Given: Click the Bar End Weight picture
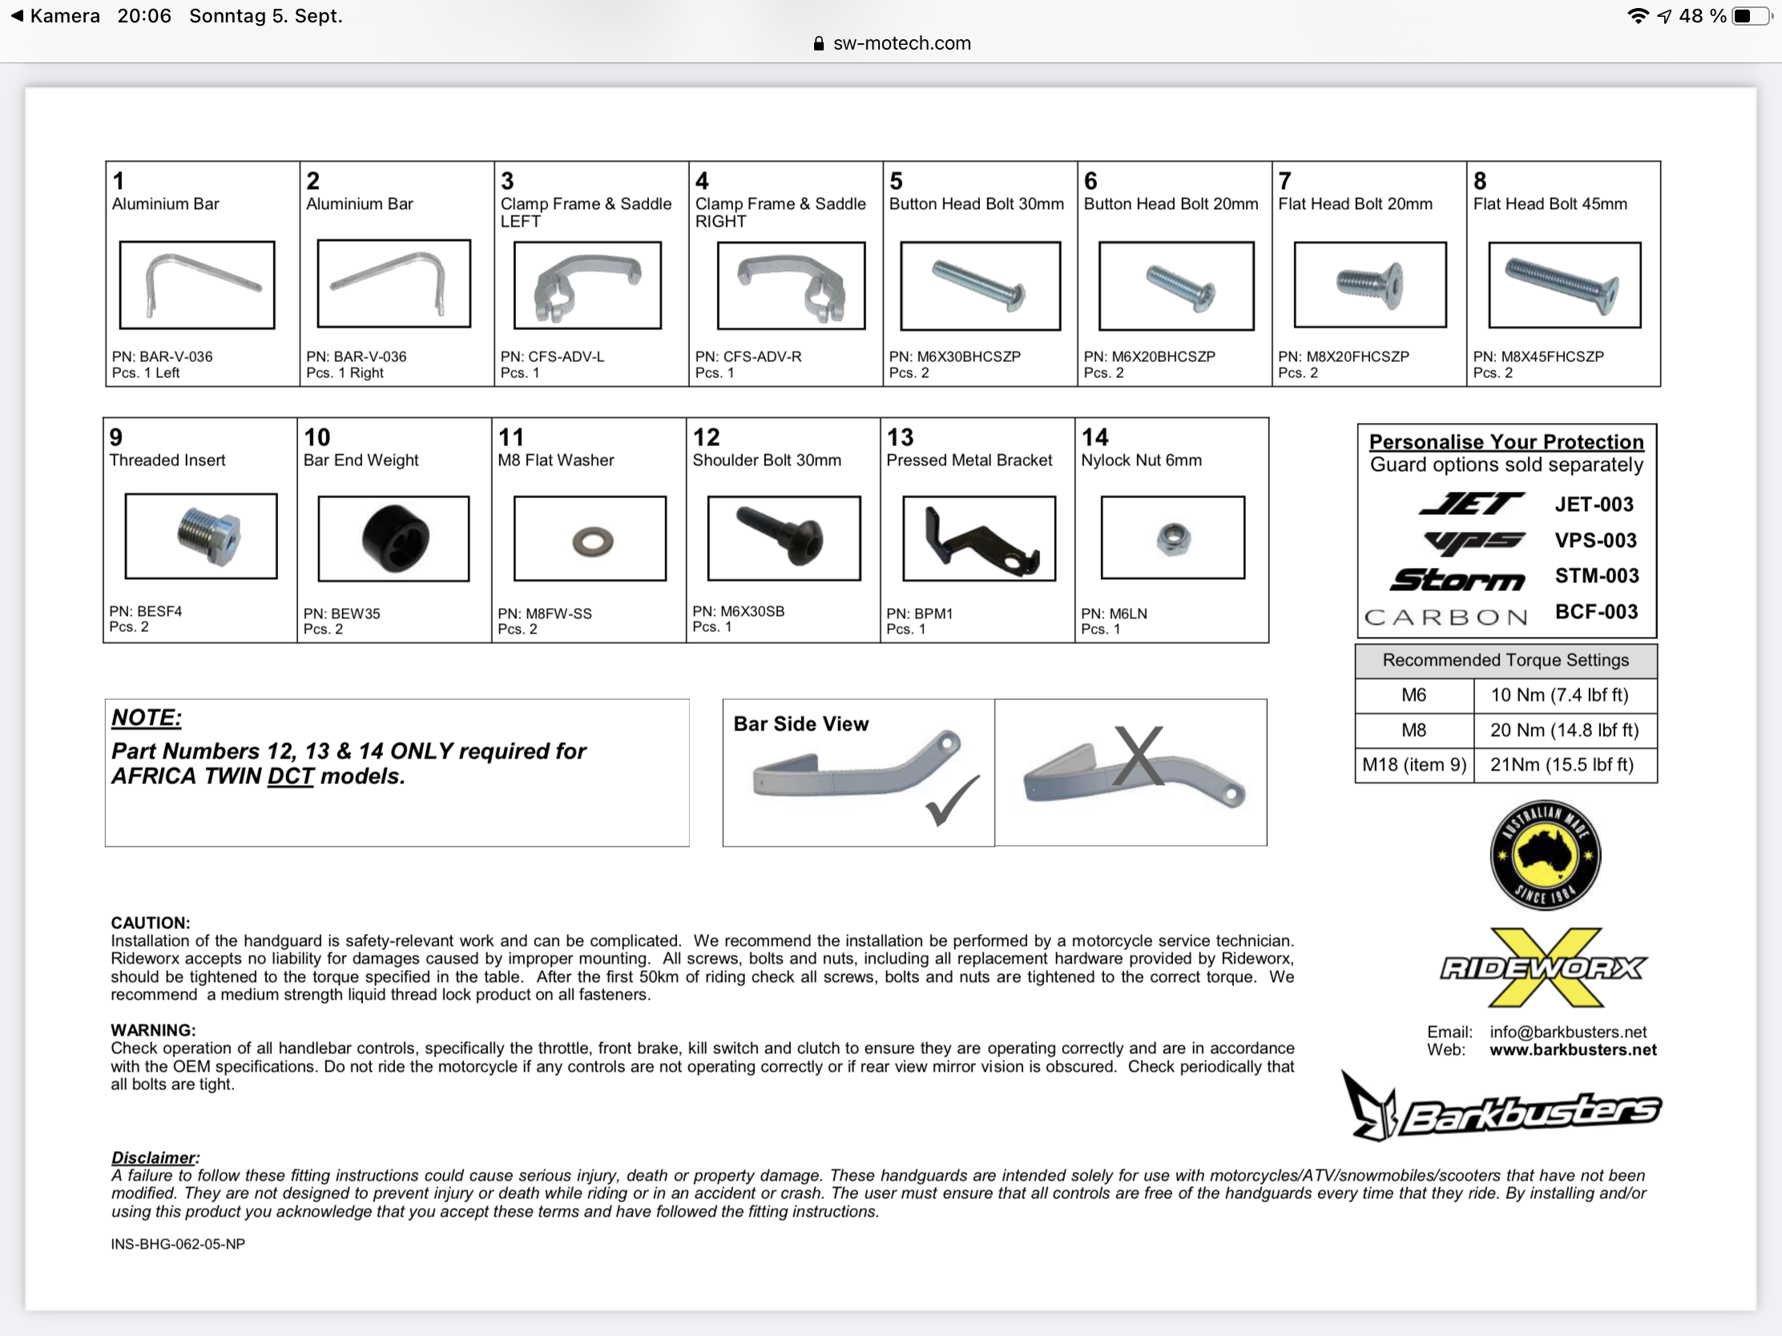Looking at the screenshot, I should pos(394,539).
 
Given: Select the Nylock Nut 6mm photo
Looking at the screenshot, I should pos(1172,538).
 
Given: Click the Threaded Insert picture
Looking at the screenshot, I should pos(201,537).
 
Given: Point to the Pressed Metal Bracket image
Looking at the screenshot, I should pos(980,539).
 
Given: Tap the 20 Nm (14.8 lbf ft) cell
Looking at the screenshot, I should pos(1564,730).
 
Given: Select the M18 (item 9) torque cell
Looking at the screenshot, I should pos(1414,764).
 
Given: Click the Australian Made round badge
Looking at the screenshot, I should pos(1544,855).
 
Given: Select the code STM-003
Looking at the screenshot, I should pos(1596,576).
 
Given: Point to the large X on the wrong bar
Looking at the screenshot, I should pos(1139,755).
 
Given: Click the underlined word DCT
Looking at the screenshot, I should pos(290,776).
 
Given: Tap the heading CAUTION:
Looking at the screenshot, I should pos(150,923).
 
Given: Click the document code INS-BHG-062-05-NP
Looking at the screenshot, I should pos(178,1244).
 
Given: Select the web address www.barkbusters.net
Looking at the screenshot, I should pos(1573,1050).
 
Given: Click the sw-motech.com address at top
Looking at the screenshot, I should pos(901,43).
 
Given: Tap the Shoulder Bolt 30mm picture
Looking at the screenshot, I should pos(784,538).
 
